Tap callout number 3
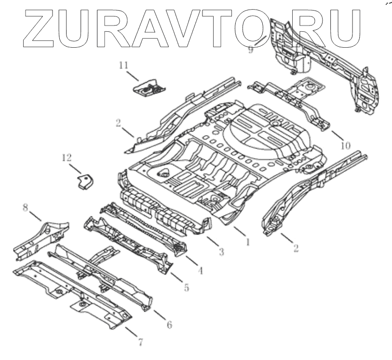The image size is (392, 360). tap(221, 251)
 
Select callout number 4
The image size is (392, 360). tap(201, 271)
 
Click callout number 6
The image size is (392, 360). tap(169, 324)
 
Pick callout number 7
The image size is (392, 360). tap(140, 343)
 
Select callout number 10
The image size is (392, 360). tap(344, 145)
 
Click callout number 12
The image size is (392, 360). tap(66, 157)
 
